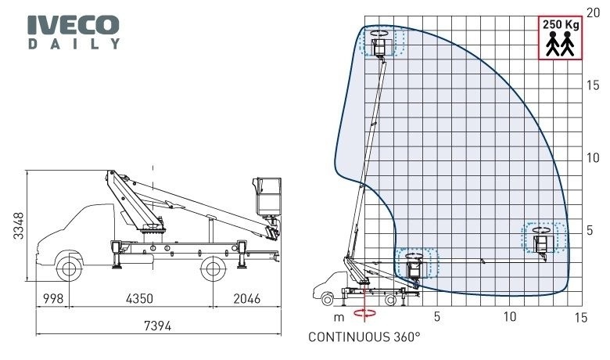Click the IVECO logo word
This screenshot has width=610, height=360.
(74, 25)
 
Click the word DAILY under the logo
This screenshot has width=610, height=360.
(74, 44)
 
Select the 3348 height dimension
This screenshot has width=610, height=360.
(18, 225)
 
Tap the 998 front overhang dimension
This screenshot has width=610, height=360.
(53, 298)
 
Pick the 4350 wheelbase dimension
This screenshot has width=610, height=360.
(140, 298)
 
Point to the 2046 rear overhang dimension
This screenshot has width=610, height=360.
(246, 298)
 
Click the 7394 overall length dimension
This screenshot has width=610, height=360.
(157, 326)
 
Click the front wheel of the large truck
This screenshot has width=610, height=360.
(69, 268)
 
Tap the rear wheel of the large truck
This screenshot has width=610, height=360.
(213, 268)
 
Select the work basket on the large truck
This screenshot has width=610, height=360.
(267, 196)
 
